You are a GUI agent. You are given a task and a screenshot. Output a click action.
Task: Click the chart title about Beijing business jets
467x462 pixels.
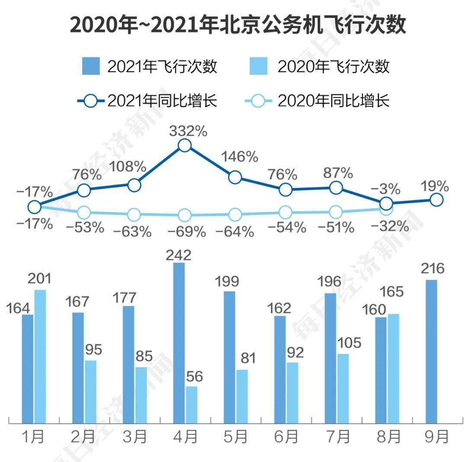237,25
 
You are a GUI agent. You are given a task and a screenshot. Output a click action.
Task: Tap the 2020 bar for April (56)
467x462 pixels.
192,404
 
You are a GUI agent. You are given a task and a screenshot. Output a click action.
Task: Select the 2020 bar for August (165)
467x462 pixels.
393,368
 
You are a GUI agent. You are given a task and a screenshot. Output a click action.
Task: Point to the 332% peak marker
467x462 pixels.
185,145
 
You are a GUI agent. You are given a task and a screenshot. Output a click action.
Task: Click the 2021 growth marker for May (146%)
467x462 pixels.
235,177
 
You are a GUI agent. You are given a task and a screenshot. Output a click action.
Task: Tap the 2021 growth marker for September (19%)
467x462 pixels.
437,199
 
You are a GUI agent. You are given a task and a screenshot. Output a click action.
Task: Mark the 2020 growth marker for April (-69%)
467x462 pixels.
185,215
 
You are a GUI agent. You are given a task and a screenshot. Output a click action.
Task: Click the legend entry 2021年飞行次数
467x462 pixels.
149,67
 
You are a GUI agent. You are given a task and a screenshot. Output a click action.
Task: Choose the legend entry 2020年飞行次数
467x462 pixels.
320,67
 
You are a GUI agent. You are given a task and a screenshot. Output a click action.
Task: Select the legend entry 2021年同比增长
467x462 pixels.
149,101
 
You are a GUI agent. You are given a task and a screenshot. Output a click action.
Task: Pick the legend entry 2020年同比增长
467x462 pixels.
320,101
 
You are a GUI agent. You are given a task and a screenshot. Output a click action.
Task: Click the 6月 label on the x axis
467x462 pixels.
286,437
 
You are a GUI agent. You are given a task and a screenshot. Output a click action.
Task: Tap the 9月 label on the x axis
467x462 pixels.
436,437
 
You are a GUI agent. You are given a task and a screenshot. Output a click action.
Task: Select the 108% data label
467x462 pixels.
128,166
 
